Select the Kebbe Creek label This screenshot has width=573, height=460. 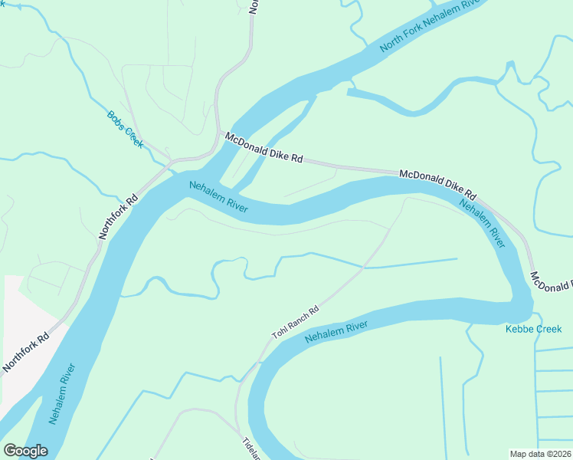tap(533, 329)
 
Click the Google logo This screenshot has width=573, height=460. tap(25, 451)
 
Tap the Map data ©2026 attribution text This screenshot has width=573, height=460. tap(540, 454)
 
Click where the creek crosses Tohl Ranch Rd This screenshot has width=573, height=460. tap(363, 268)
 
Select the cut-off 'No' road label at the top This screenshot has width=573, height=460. tap(254, 7)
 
